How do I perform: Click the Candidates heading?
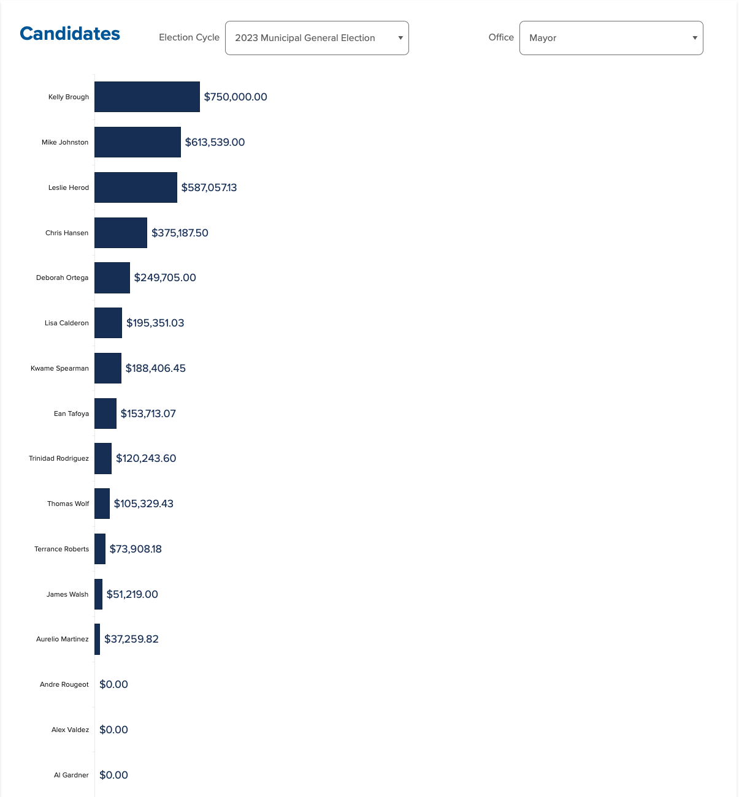tap(70, 34)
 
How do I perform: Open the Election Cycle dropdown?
tap(316, 38)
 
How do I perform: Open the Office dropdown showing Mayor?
tap(611, 38)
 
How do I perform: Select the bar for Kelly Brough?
tap(147, 97)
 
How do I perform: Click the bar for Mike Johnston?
tap(137, 142)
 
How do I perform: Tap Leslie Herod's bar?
tap(136, 187)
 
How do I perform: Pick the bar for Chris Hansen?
tap(121, 233)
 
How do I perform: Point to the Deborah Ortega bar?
tap(112, 278)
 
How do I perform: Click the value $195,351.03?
tap(155, 323)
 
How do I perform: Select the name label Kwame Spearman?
tap(59, 368)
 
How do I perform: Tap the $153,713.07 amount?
tap(148, 414)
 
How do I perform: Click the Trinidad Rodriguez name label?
tap(59, 458)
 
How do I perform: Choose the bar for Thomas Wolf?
tap(102, 504)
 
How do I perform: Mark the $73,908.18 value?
tap(136, 549)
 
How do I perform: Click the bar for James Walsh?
tap(98, 594)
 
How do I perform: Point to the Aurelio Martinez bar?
tap(97, 639)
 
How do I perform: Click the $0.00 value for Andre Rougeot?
tap(113, 684)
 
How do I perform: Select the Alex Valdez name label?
tap(70, 730)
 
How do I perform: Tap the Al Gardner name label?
tap(71, 775)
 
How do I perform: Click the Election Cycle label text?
tap(189, 37)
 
